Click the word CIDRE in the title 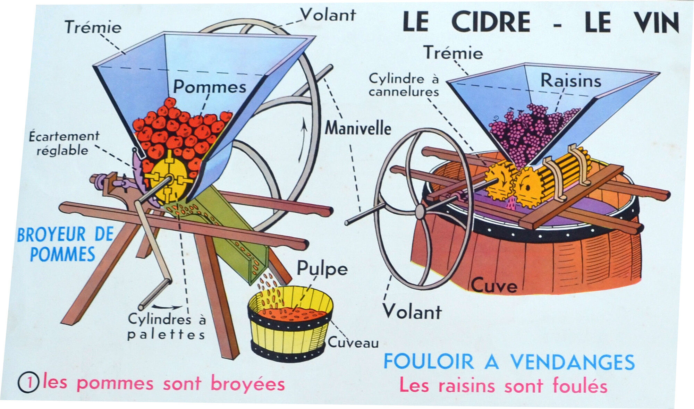click(491, 22)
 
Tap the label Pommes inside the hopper click(210, 86)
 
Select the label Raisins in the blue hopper click(570, 81)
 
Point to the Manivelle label click(358, 128)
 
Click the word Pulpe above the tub click(322, 269)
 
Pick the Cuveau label click(353, 343)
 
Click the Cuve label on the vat click(494, 286)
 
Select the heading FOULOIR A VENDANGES click(509, 362)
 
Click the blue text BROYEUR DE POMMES click(65, 244)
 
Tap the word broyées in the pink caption click(248, 384)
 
